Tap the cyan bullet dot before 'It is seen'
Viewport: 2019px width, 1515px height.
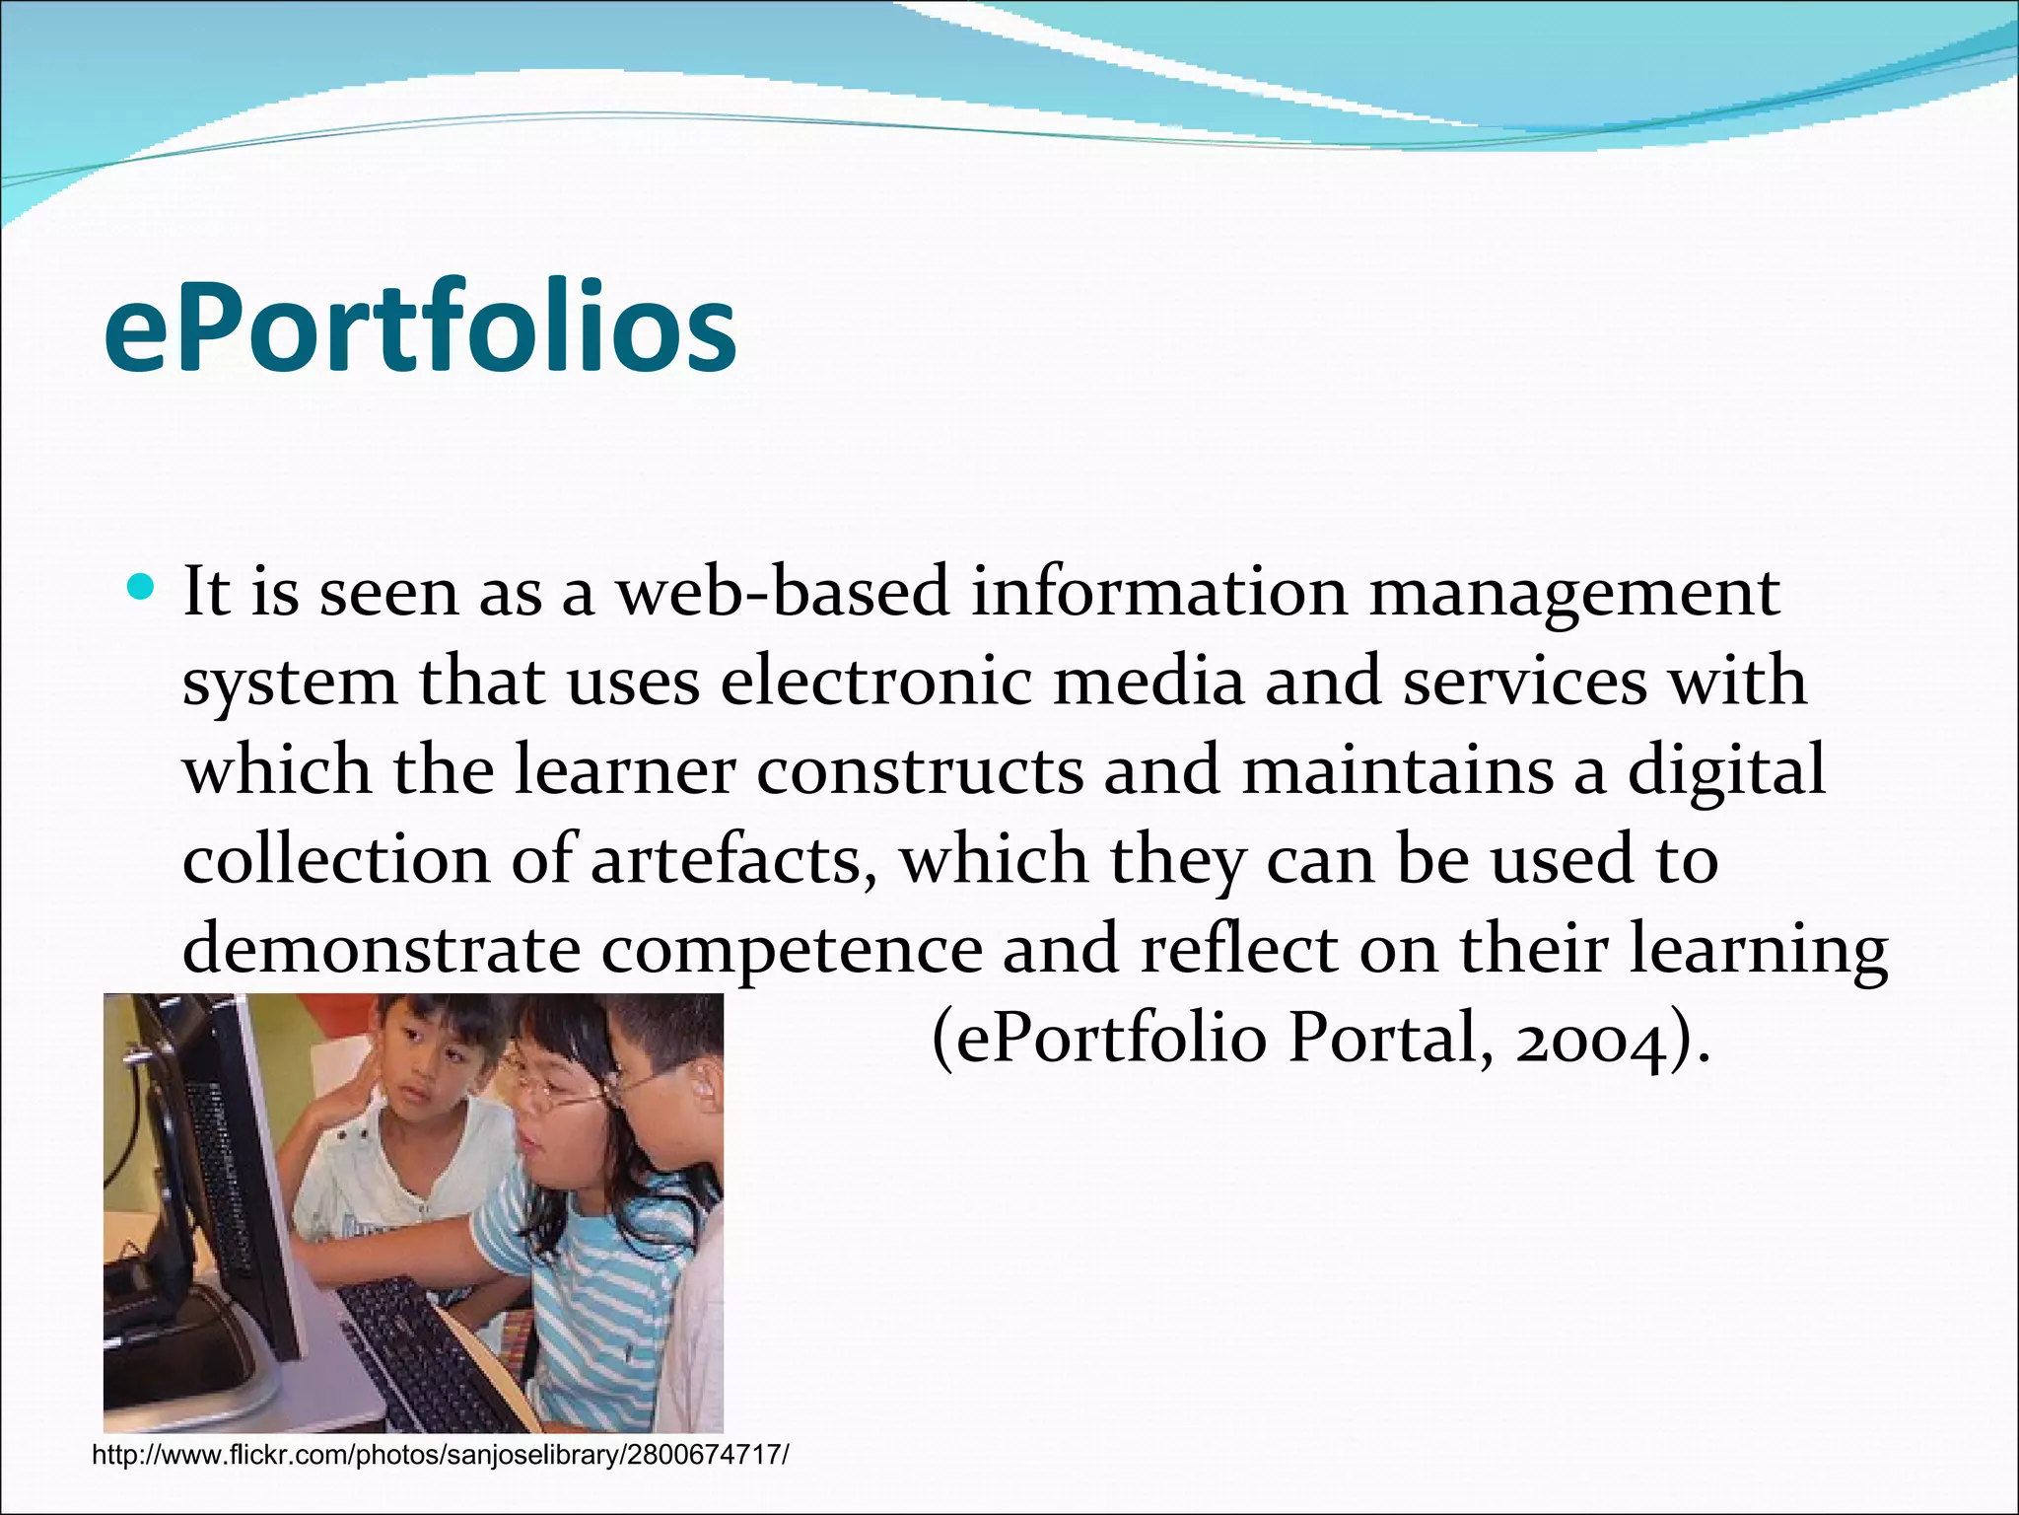click(x=142, y=589)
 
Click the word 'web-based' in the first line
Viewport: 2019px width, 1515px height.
click(x=783, y=593)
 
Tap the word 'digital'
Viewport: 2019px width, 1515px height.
click(x=1726, y=771)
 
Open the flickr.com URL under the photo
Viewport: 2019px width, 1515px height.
click(x=441, y=1455)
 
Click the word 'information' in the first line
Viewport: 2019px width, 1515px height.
click(x=1158, y=593)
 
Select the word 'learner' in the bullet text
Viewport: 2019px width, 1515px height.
click(x=625, y=771)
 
